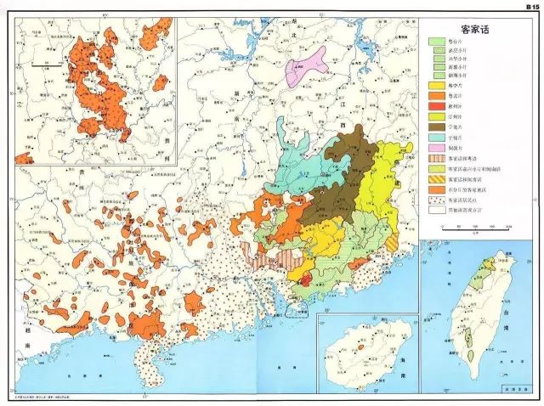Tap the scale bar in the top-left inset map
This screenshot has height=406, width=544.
tap(42, 65)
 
